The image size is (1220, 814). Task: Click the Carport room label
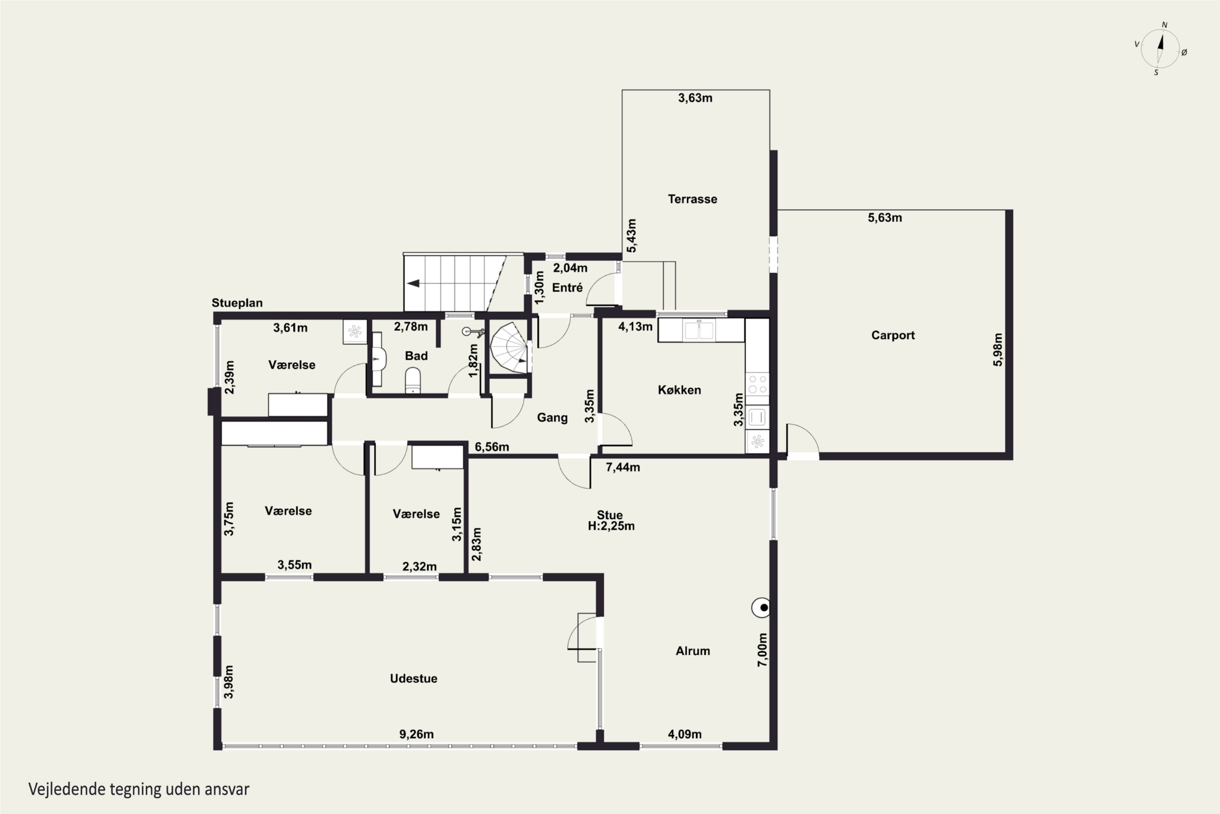point(893,335)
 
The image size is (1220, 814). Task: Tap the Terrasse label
point(693,199)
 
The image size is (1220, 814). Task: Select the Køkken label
point(680,390)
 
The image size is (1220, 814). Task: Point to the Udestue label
point(414,678)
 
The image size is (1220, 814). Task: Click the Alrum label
point(693,651)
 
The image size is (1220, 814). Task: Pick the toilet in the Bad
point(413,381)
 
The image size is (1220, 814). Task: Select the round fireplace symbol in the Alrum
point(761,607)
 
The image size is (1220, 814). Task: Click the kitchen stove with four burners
point(757,385)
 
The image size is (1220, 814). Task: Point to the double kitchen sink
point(699,330)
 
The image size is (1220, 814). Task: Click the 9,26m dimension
point(416,734)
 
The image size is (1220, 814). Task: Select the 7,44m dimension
point(623,467)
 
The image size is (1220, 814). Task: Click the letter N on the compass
point(1165,25)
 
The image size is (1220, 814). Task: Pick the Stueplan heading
point(237,303)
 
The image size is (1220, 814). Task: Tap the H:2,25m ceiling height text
point(611,526)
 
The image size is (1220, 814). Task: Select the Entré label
point(567,288)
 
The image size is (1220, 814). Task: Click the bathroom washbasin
point(379,358)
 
